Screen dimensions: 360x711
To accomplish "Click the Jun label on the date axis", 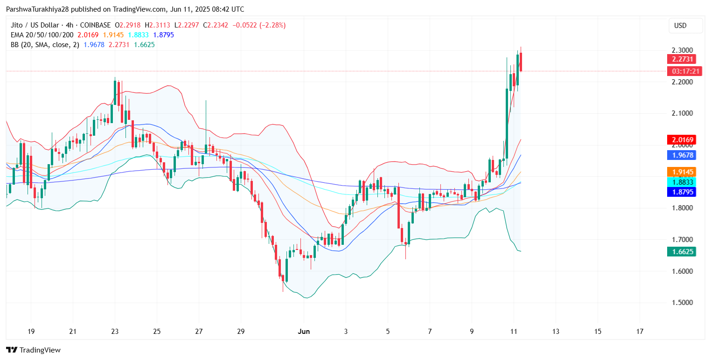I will click(304, 332).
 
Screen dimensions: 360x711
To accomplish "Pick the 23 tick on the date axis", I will click(115, 332).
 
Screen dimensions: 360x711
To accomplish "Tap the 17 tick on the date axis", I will click(640, 332).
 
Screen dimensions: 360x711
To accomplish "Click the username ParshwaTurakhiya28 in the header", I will click(38, 9).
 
